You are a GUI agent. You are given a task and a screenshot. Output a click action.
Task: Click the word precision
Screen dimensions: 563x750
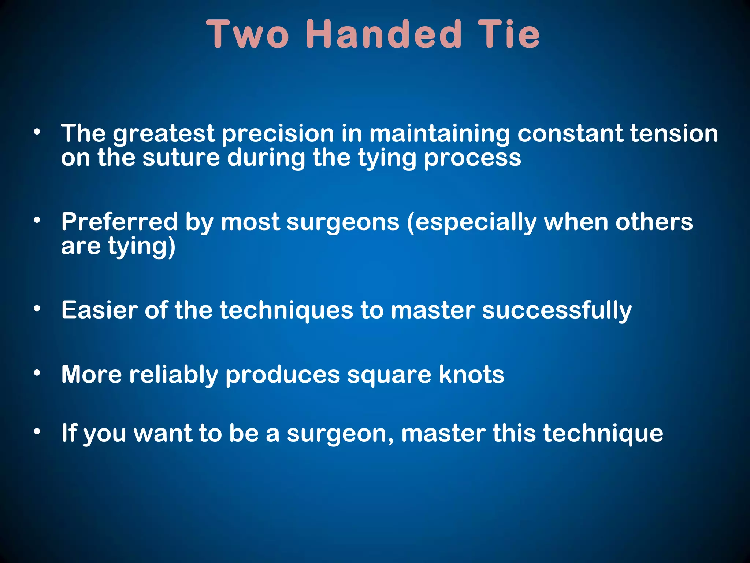tap(278, 134)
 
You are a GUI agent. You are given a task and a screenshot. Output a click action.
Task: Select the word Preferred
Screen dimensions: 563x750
tap(119, 222)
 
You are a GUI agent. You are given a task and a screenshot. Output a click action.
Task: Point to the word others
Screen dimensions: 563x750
tap(654, 222)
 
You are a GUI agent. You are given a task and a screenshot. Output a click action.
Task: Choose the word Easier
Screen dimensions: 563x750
tap(99, 310)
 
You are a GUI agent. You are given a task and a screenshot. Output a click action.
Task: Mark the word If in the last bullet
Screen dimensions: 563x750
tap(68, 433)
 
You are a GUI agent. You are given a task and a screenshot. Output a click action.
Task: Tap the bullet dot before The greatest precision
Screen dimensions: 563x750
tap(37, 132)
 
